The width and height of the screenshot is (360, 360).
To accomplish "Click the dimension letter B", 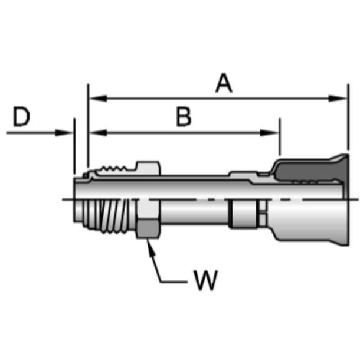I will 184,117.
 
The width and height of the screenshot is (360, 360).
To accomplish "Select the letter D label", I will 21,117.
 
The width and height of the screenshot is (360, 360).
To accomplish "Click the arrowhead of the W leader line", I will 151,245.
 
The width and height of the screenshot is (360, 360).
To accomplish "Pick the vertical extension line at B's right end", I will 279,139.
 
